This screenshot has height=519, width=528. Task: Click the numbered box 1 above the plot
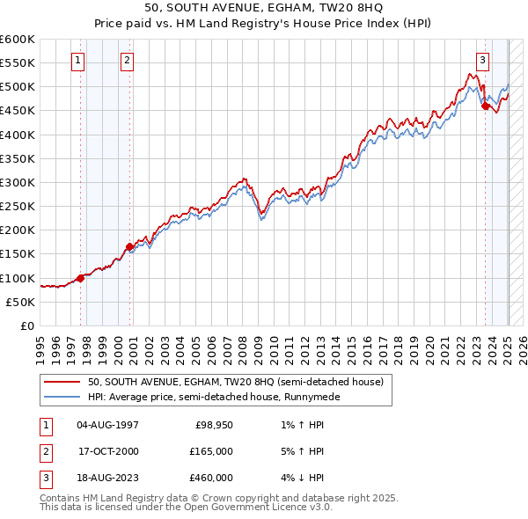[78, 61]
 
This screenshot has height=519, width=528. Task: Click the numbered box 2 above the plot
[127, 61]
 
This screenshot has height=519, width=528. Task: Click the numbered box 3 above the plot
[483, 61]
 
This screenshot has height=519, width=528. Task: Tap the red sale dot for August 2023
[485, 106]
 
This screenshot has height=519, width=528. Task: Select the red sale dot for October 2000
[129, 247]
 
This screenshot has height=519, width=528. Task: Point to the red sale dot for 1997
[80, 278]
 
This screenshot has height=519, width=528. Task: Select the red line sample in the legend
[62, 383]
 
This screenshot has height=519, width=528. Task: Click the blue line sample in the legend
[62, 397]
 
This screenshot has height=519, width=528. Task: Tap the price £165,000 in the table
[212, 451]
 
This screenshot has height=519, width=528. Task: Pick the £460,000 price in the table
[212, 478]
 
